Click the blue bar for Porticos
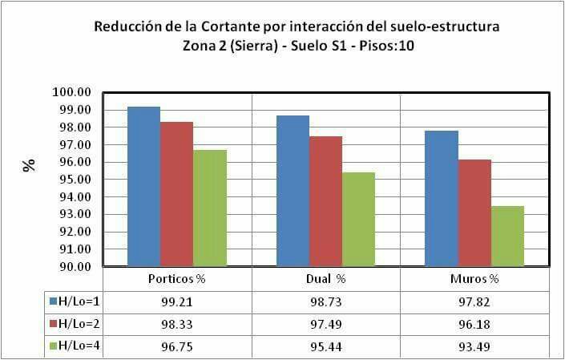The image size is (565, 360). (143, 187)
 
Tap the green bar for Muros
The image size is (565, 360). (507, 237)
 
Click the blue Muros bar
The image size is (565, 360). (442, 198)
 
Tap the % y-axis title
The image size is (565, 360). (30, 166)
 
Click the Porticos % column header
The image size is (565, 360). (178, 279)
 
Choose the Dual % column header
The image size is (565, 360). (325, 279)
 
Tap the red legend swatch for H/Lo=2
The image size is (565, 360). (53, 324)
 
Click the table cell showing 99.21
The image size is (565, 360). (178, 301)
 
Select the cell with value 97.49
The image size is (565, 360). (325, 324)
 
